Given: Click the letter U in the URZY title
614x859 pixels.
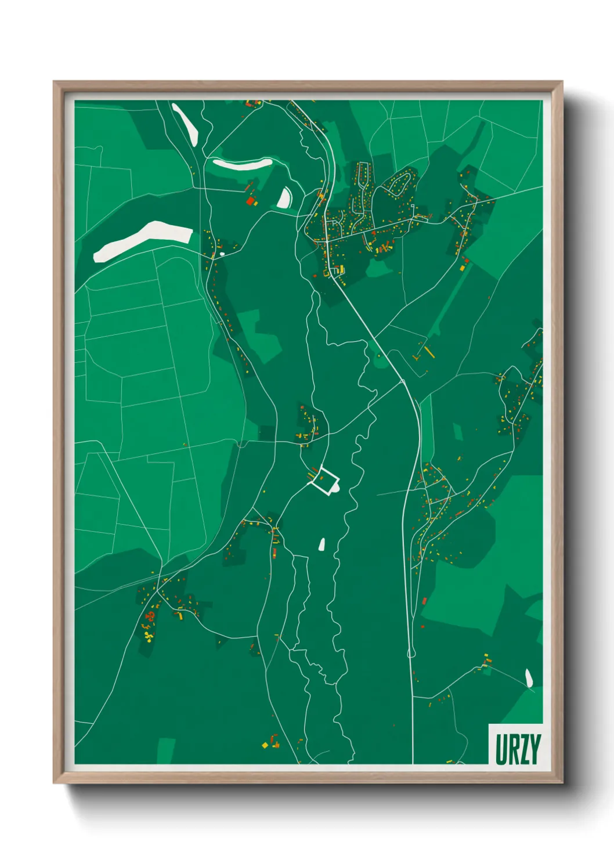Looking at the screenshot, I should coord(501,749).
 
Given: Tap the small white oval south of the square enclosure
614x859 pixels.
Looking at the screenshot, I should coord(322,544).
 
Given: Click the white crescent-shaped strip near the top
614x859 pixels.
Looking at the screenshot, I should coord(243,164).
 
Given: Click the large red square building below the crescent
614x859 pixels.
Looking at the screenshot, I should coord(251,201).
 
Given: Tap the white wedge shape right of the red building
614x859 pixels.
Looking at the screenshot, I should coord(284,198).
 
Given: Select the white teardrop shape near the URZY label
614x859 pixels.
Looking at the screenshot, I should coord(529,677).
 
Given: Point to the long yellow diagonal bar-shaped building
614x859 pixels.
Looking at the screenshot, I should coord(429,352).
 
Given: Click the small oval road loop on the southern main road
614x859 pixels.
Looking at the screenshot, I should coord(411,654).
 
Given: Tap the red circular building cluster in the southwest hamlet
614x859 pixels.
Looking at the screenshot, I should coord(150,616).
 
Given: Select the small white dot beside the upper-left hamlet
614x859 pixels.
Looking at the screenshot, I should coord(222,254).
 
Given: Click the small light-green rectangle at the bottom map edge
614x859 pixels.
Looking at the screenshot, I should coord(166,751).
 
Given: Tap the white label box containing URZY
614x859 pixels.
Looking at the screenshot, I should coord(516,744).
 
